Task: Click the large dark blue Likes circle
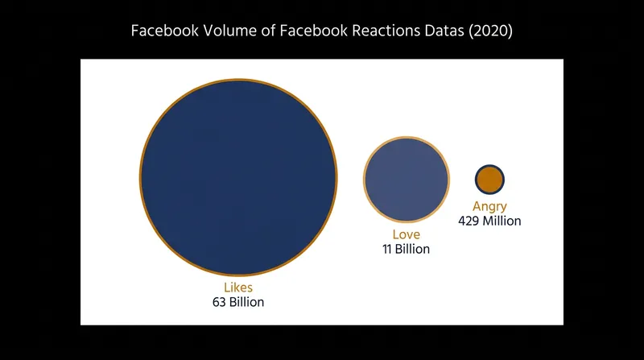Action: (x=238, y=177)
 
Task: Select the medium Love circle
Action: (x=407, y=180)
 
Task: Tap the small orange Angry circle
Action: (x=489, y=180)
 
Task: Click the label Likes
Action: (x=238, y=288)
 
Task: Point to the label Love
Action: (x=407, y=234)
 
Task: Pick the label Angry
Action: (x=489, y=206)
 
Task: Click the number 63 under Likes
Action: (x=219, y=302)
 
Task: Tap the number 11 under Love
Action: (x=387, y=249)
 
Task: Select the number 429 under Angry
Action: (x=469, y=221)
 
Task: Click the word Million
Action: (x=502, y=221)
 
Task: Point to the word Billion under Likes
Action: (x=246, y=302)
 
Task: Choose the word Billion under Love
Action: (x=412, y=249)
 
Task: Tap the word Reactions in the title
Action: (x=386, y=31)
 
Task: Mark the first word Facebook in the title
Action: (x=165, y=31)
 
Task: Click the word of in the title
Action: (x=268, y=31)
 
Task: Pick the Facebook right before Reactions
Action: (x=314, y=31)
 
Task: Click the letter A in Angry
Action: (x=477, y=205)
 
